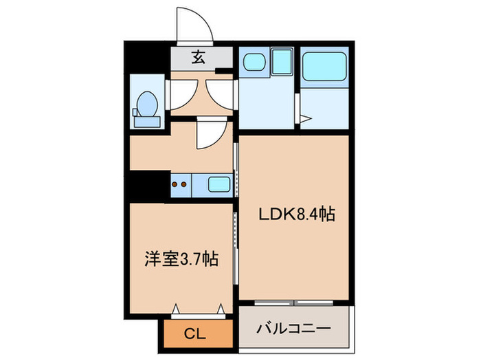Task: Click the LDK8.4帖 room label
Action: pyautogui.click(x=297, y=215)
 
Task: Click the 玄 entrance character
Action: pyautogui.click(x=198, y=57)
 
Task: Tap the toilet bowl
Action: pyautogui.click(x=146, y=106)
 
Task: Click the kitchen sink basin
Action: pyautogui.click(x=219, y=184)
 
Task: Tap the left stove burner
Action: pyautogui.click(x=175, y=184)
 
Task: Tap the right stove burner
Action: pyautogui.click(x=184, y=184)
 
